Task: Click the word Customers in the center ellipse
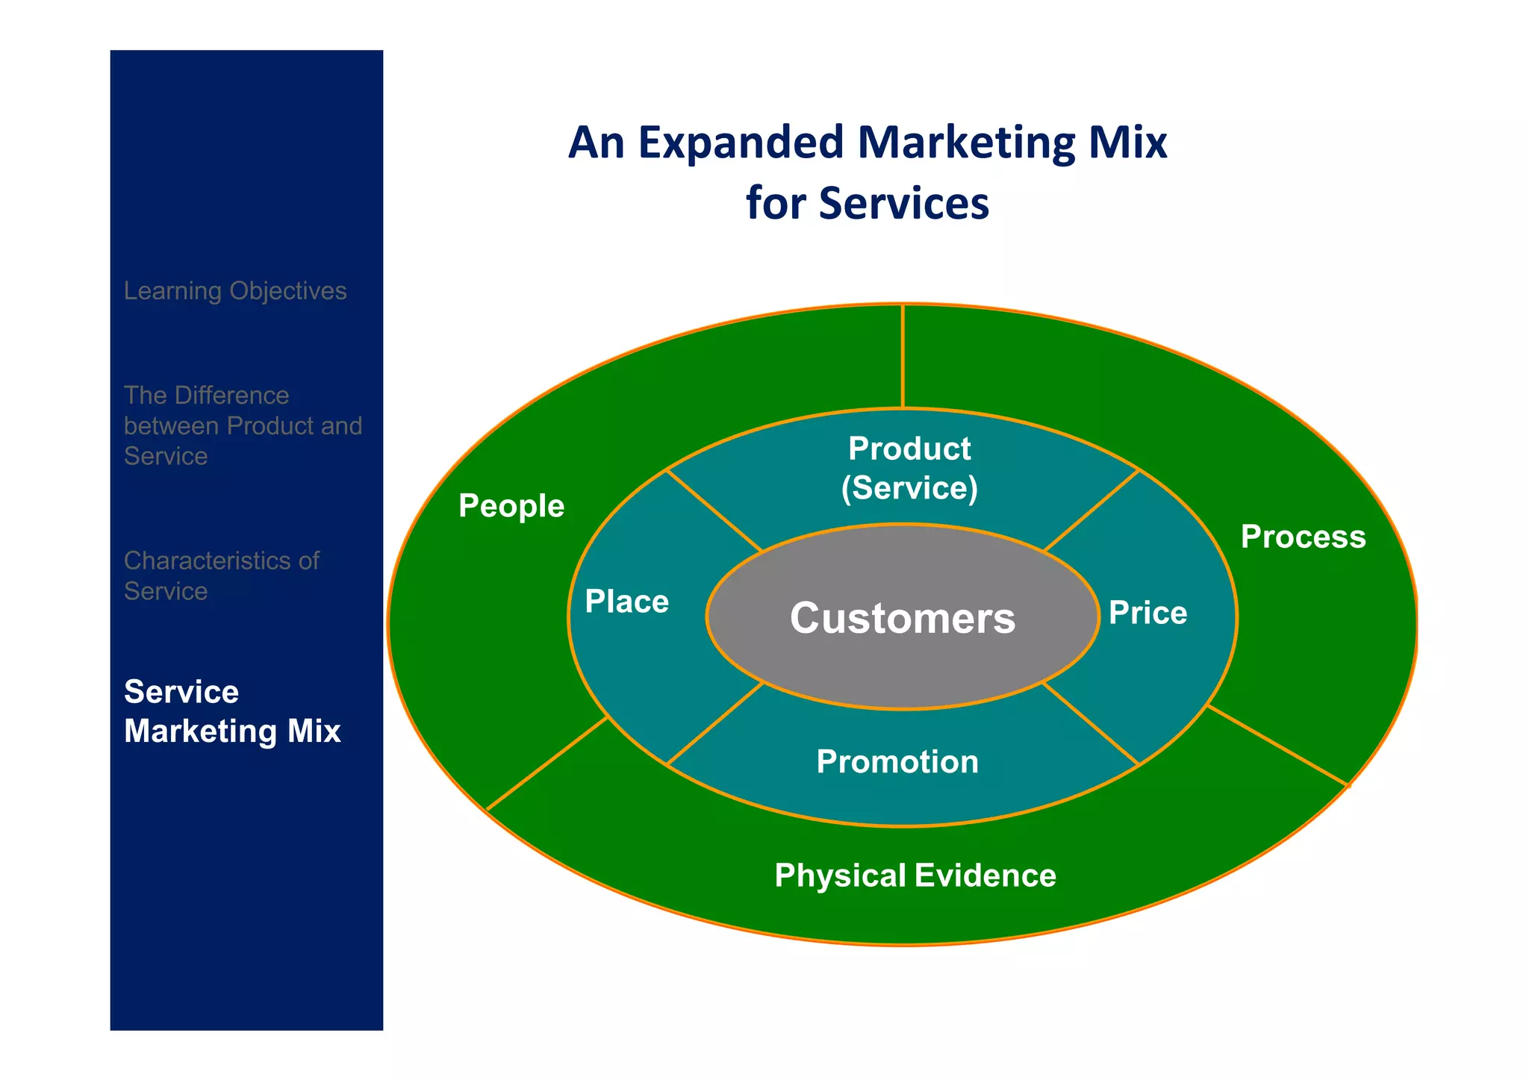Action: [902, 618]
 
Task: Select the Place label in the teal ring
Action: [626, 602]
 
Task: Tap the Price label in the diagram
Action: [1147, 613]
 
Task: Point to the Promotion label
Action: [897, 761]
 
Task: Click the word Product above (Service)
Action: [909, 449]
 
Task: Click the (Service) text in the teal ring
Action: [909, 488]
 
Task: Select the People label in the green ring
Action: [511, 506]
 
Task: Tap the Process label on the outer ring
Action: [1303, 537]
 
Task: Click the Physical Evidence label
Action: [915, 875]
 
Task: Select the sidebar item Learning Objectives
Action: [235, 290]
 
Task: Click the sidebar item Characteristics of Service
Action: [221, 575]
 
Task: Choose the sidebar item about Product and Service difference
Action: [242, 425]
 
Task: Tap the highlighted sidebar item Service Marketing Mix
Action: [232, 711]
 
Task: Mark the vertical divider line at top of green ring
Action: [903, 357]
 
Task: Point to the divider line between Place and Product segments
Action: [714, 511]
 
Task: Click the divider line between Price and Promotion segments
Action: [1091, 723]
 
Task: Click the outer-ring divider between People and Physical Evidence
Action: [547, 764]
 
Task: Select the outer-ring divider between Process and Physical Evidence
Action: [1277, 746]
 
